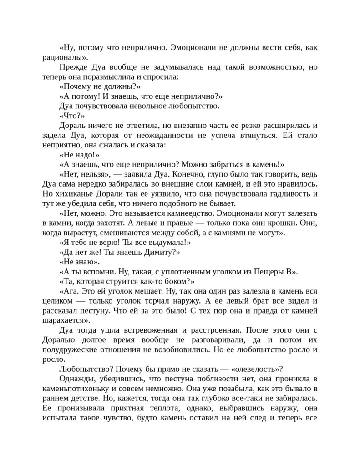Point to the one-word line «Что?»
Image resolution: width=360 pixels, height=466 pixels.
pyautogui.click(x=72, y=116)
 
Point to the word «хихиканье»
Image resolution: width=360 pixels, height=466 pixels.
pyautogui.click(x=76, y=193)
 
